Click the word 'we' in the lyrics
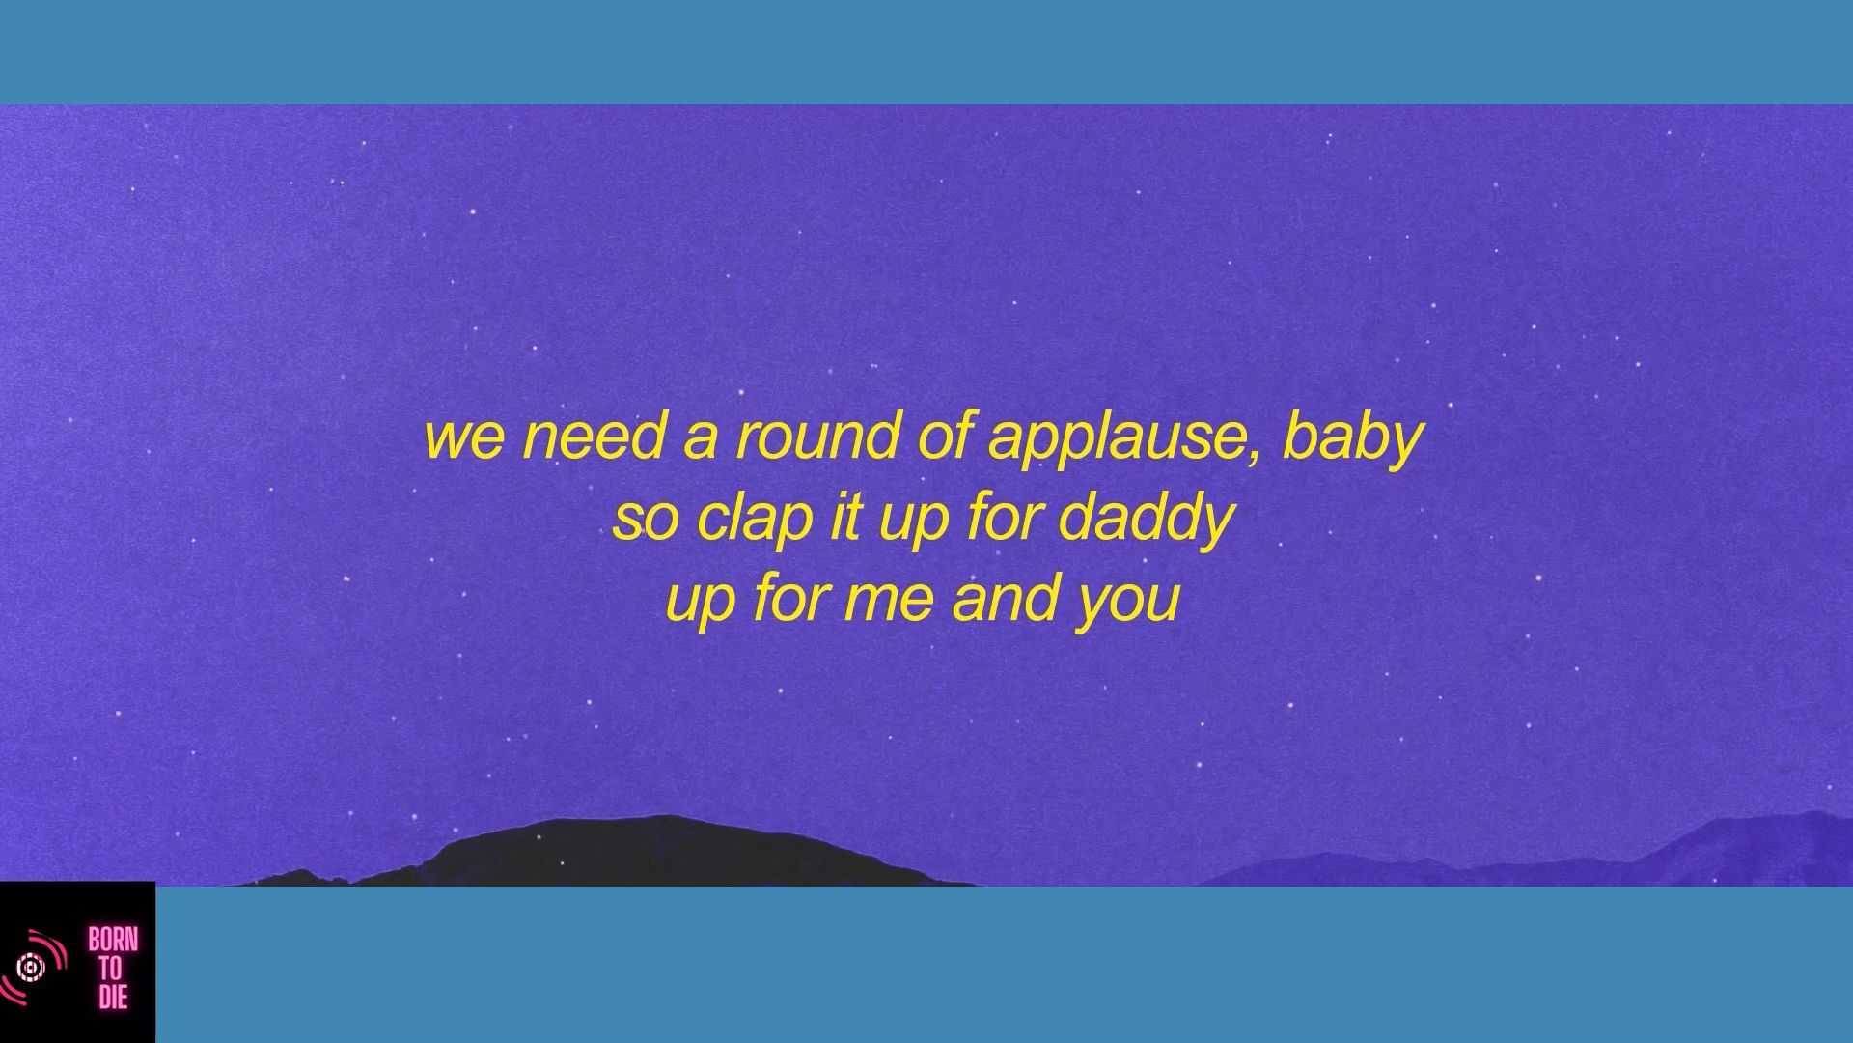(464, 437)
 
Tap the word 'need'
(594, 435)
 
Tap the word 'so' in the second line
(644, 520)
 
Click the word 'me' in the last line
(888, 601)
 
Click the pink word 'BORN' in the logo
(113, 940)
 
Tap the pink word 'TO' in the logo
(112, 968)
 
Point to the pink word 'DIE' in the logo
(113, 996)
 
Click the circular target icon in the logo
(31, 967)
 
